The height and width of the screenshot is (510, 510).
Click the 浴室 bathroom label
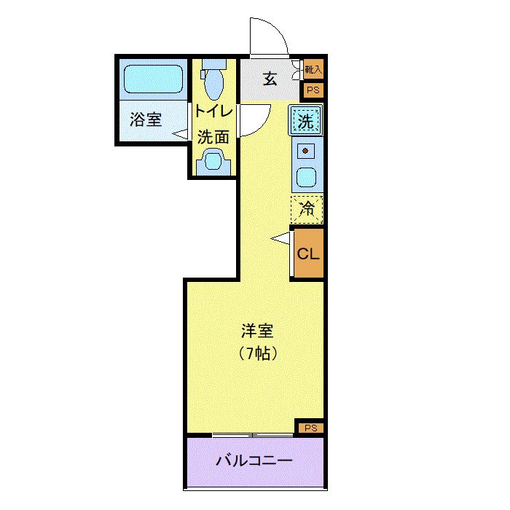[x=146, y=119]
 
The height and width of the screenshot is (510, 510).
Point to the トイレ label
[x=214, y=112]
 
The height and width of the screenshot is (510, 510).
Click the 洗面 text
[x=214, y=136]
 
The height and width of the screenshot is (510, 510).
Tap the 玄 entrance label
[x=270, y=79]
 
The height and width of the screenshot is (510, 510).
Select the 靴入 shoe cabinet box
[x=313, y=70]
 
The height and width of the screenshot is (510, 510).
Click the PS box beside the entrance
[x=313, y=90]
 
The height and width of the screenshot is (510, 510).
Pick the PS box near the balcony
[x=310, y=428]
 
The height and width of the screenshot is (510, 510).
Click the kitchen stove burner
[x=306, y=152]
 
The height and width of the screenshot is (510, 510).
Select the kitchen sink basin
[x=306, y=177]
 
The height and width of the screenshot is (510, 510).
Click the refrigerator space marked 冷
[x=307, y=210]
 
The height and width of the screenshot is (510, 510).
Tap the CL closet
[x=307, y=254]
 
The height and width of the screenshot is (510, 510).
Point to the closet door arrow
[x=280, y=238]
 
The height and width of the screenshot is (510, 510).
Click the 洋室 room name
[x=257, y=331]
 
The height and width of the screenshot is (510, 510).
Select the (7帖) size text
[x=257, y=355]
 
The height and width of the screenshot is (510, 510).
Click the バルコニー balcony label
[x=255, y=461]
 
